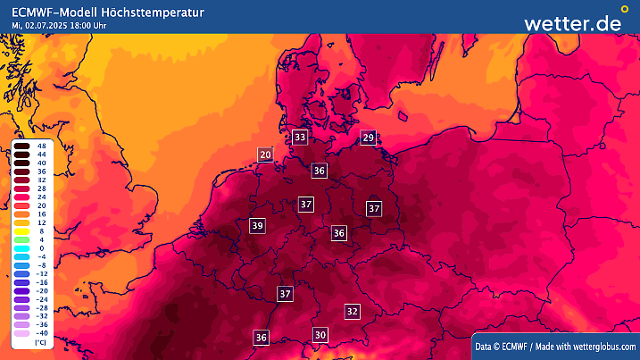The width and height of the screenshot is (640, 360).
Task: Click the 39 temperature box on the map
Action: [x=258, y=225]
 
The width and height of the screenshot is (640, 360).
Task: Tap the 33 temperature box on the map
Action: [x=300, y=137]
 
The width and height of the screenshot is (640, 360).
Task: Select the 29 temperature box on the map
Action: [x=368, y=137]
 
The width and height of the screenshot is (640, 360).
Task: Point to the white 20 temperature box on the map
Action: [x=265, y=155]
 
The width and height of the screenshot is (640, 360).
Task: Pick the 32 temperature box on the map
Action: [x=353, y=311]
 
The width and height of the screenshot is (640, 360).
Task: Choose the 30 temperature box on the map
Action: [x=320, y=334]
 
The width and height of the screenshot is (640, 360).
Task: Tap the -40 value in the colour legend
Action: [x=41, y=332]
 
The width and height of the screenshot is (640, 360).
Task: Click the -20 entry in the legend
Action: [x=41, y=290]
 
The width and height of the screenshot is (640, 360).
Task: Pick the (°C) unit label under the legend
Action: [x=40, y=342]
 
